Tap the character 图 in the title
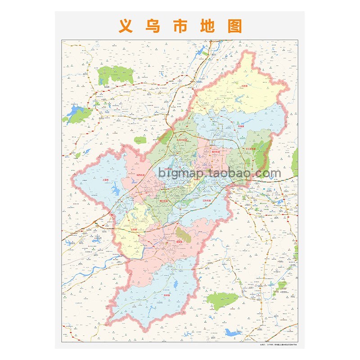click(x=234, y=26)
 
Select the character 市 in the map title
click(x=180, y=26)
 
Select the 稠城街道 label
click(x=216, y=152)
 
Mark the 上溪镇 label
click(x=106, y=179)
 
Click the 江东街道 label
click(x=207, y=197)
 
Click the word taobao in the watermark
click(x=224, y=173)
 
